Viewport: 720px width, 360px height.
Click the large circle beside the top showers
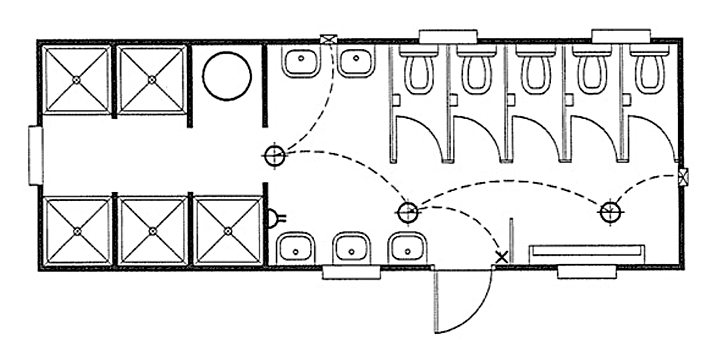[225, 75]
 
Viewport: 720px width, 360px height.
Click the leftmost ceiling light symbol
[274, 155]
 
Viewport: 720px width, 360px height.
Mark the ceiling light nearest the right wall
[609, 211]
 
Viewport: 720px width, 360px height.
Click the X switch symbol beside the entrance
[501, 258]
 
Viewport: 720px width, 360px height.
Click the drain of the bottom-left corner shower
[77, 230]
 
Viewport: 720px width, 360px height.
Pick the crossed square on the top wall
[327, 40]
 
